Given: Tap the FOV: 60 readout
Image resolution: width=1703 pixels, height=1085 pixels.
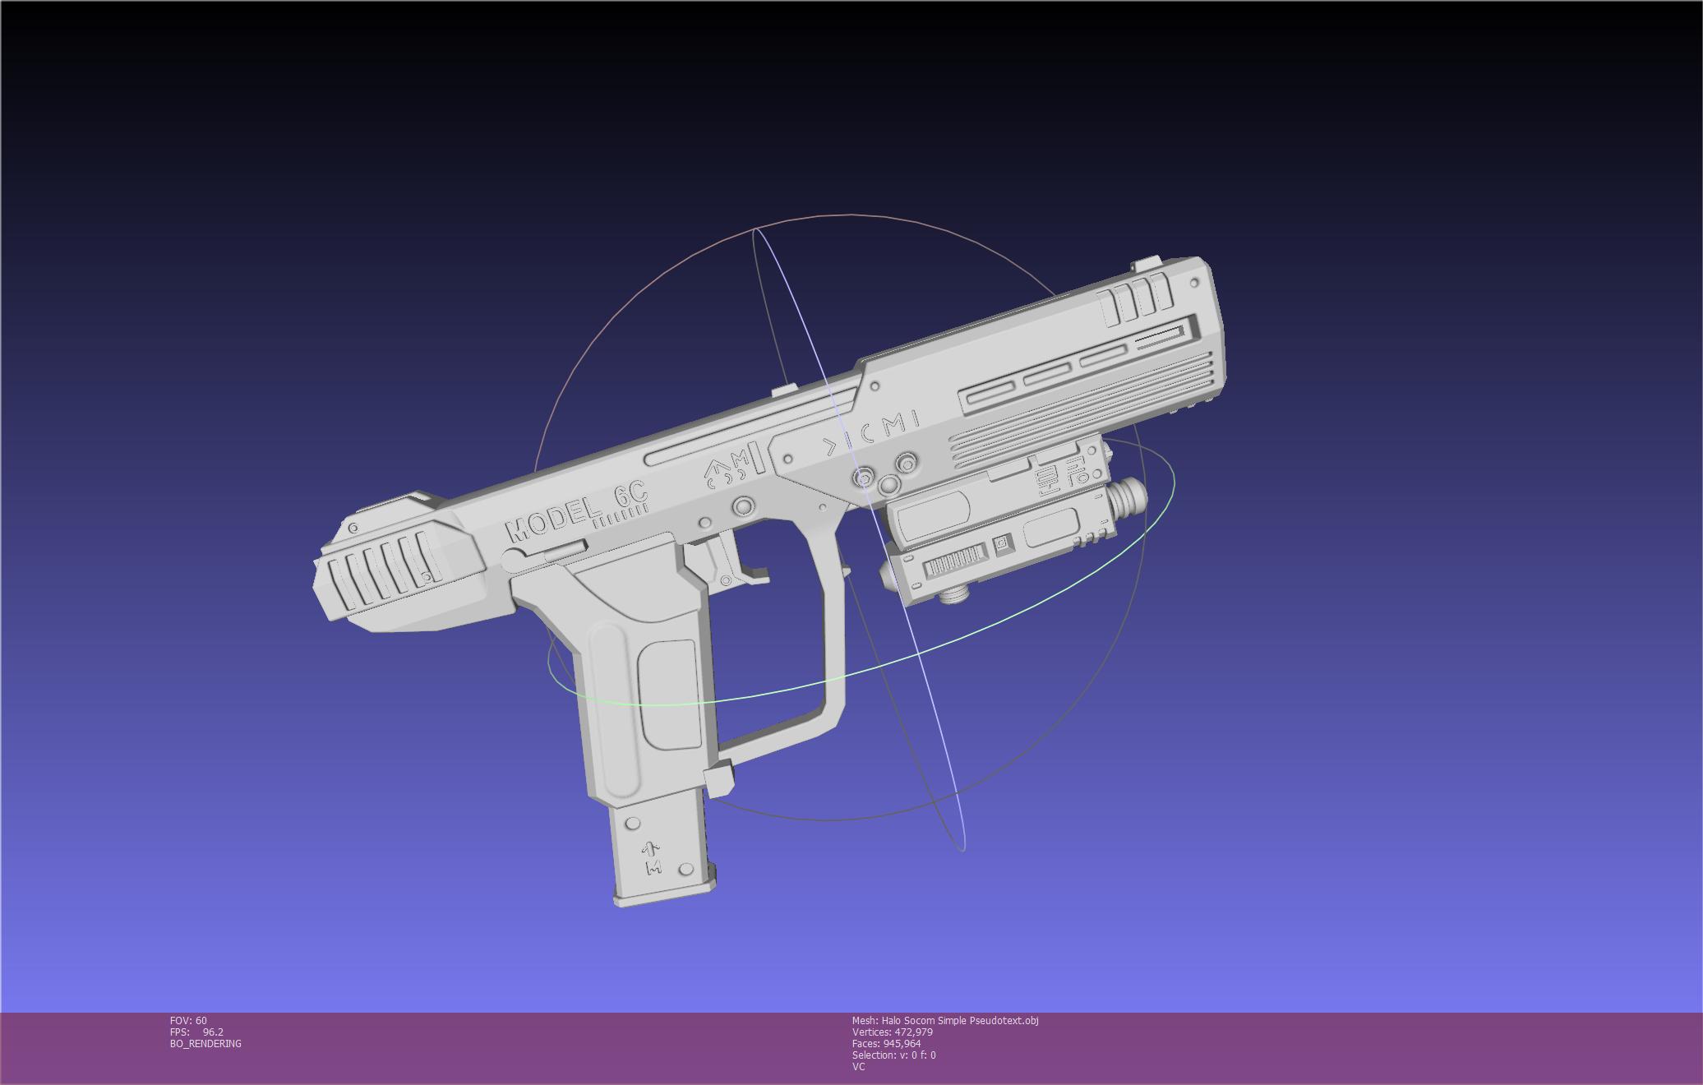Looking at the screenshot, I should (x=188, y=1020).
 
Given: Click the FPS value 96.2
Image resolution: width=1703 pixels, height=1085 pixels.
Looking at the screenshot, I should (x=213, y=1032).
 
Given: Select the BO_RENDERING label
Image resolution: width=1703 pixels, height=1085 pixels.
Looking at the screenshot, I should (x=205, y=1043).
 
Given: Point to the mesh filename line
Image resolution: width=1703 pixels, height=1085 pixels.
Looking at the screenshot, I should (x=944, y=1020).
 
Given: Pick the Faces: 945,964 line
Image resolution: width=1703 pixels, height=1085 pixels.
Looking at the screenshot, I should (x=886, y=1043).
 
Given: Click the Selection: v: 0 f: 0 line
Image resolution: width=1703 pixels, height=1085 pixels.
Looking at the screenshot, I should (x=893, y=1055).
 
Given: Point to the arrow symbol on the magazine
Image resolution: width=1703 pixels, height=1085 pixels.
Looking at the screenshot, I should (x=651, y=849).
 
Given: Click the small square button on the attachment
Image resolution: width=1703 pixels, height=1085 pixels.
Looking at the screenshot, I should (x=1002, y=543).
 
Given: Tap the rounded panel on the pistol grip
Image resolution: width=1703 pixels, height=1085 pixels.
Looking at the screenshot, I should (x=669, y=695).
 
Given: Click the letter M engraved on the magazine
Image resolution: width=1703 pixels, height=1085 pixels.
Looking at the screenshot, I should (x=653, y=868).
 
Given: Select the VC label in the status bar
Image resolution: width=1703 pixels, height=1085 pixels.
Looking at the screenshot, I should (x=858, y=1066).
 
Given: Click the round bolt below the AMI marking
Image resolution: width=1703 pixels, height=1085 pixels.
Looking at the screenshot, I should (x=744, y=506).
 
